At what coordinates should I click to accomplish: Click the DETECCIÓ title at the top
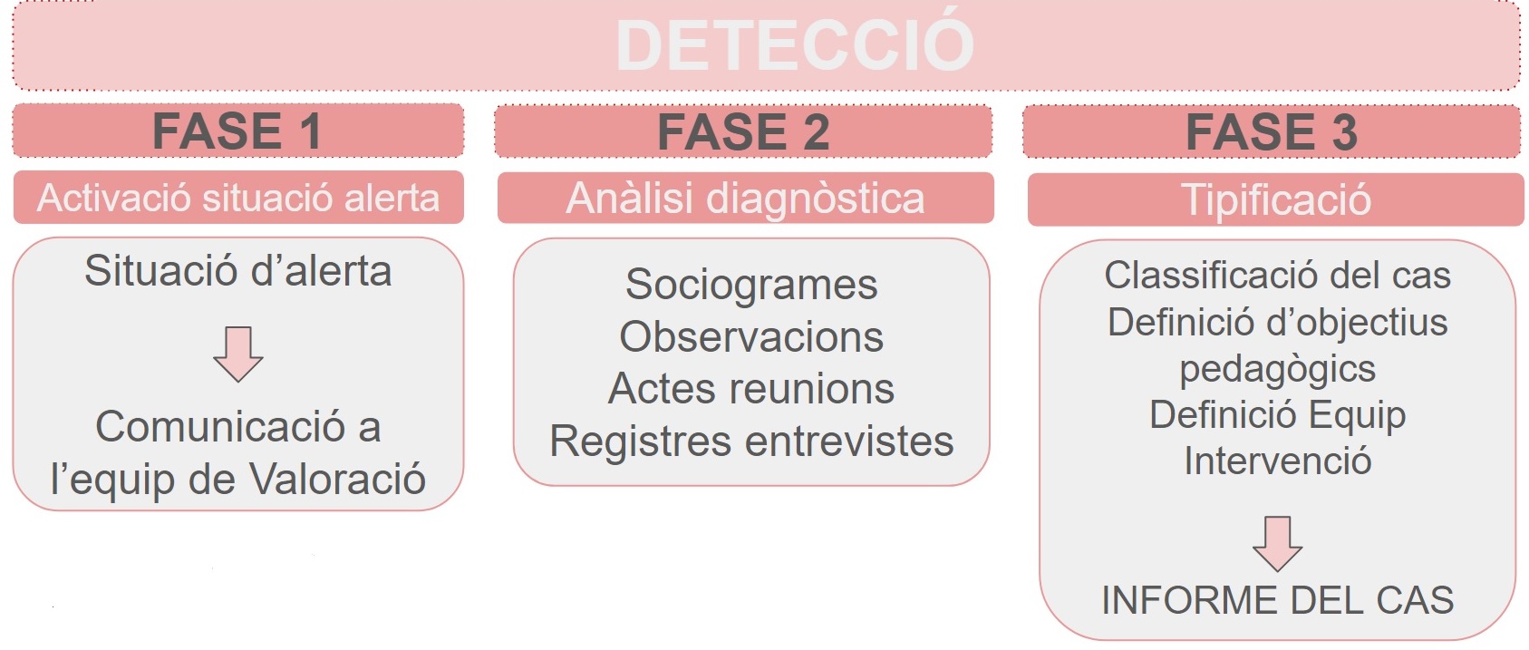794,44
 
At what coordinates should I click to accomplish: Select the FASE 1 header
237,131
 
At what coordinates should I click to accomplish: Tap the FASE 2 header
743,132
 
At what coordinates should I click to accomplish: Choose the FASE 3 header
1272,132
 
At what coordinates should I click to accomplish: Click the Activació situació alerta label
237,198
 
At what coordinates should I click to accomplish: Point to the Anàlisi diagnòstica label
745,199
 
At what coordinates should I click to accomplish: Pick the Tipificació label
1276,200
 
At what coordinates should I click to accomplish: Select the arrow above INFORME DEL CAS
1277,543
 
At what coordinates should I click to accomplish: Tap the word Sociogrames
751,285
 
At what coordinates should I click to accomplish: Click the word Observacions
751,337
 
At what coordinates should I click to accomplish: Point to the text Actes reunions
751,389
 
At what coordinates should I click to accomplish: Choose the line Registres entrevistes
751,441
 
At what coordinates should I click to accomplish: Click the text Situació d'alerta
238,271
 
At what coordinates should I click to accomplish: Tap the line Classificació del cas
1277,275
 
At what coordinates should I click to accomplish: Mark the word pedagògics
1277,369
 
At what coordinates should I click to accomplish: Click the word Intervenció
1277,461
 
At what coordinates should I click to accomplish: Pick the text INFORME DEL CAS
1277,600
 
